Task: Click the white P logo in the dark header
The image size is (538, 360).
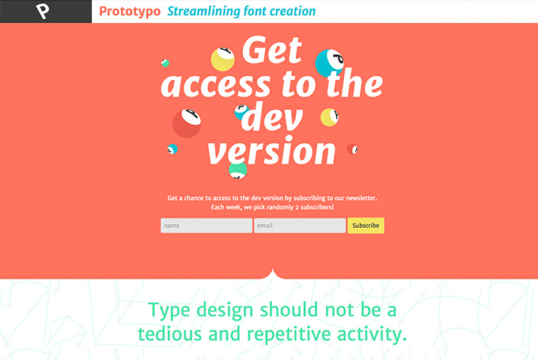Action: click(x=43, y=11)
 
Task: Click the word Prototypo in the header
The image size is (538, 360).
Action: click(x=130, y=12)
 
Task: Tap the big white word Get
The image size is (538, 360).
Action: click(x=272, y=50)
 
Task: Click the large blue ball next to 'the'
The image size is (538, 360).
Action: click(x=329, y=63)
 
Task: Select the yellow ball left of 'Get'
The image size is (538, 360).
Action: click(x=222, y=59)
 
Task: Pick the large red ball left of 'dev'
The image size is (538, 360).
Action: click(x=187, y=123)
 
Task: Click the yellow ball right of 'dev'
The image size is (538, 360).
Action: click(x=329, y=117)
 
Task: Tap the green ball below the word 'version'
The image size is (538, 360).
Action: click(x=238, y=170)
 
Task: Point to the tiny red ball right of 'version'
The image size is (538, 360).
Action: click(x=352, y=149)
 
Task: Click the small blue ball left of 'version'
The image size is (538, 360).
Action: click(x=172, y=149)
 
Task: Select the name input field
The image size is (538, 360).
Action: click(x=206, y=225)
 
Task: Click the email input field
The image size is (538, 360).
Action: click(x=300, y=225)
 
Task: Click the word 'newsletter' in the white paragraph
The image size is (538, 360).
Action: click(x=362, y=198)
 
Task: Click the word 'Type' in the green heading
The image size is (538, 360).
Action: click(x=169, y=311)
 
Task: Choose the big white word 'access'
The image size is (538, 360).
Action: click(x=215, y=85)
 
